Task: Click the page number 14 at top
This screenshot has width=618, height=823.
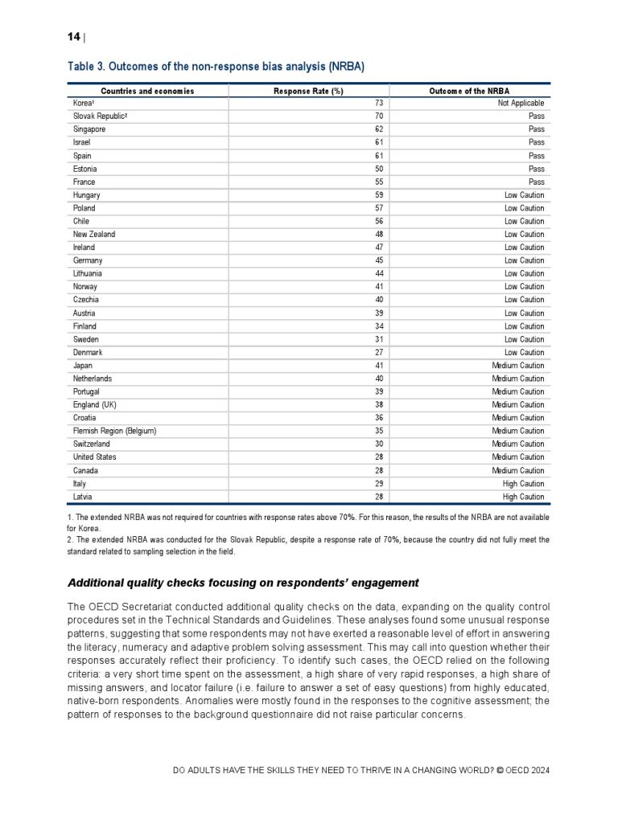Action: pyautogui.click(x=73, y=36)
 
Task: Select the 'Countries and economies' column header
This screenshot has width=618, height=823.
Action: pyautogui.click(x=147, y=91)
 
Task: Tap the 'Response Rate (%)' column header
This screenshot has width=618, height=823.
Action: pyautogui.click(x=308, y=91)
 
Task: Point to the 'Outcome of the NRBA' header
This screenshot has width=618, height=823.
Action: pyautogui.click(x=469, y=91)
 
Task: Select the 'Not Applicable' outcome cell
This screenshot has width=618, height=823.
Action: pyautogui.click(x=521, y=103)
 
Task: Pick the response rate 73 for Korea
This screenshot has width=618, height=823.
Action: pyautogui.click(x=378, y=103)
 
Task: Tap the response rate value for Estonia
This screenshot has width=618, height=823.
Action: pyautogui.click(x=378, y=169)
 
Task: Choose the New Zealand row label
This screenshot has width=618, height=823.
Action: pyautogui.click(x=94, y=234)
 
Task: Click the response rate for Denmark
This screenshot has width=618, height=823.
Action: pyautogui.click(x=378, y=352)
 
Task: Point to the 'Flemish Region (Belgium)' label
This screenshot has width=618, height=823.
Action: pyautogui.click(x=114, y=431)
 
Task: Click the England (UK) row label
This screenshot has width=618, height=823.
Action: pyautogui.click(x=95, y=404)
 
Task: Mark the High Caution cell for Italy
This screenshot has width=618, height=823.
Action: pyautogui.click(x=524, y=484)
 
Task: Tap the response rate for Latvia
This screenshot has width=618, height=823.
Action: pyautogui.click(x=378, y=497)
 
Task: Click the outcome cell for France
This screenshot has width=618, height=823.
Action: pyautogui.click(x=536, y=182)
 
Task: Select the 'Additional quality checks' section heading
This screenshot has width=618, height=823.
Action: pyautogui.click(x=243, y=582)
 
